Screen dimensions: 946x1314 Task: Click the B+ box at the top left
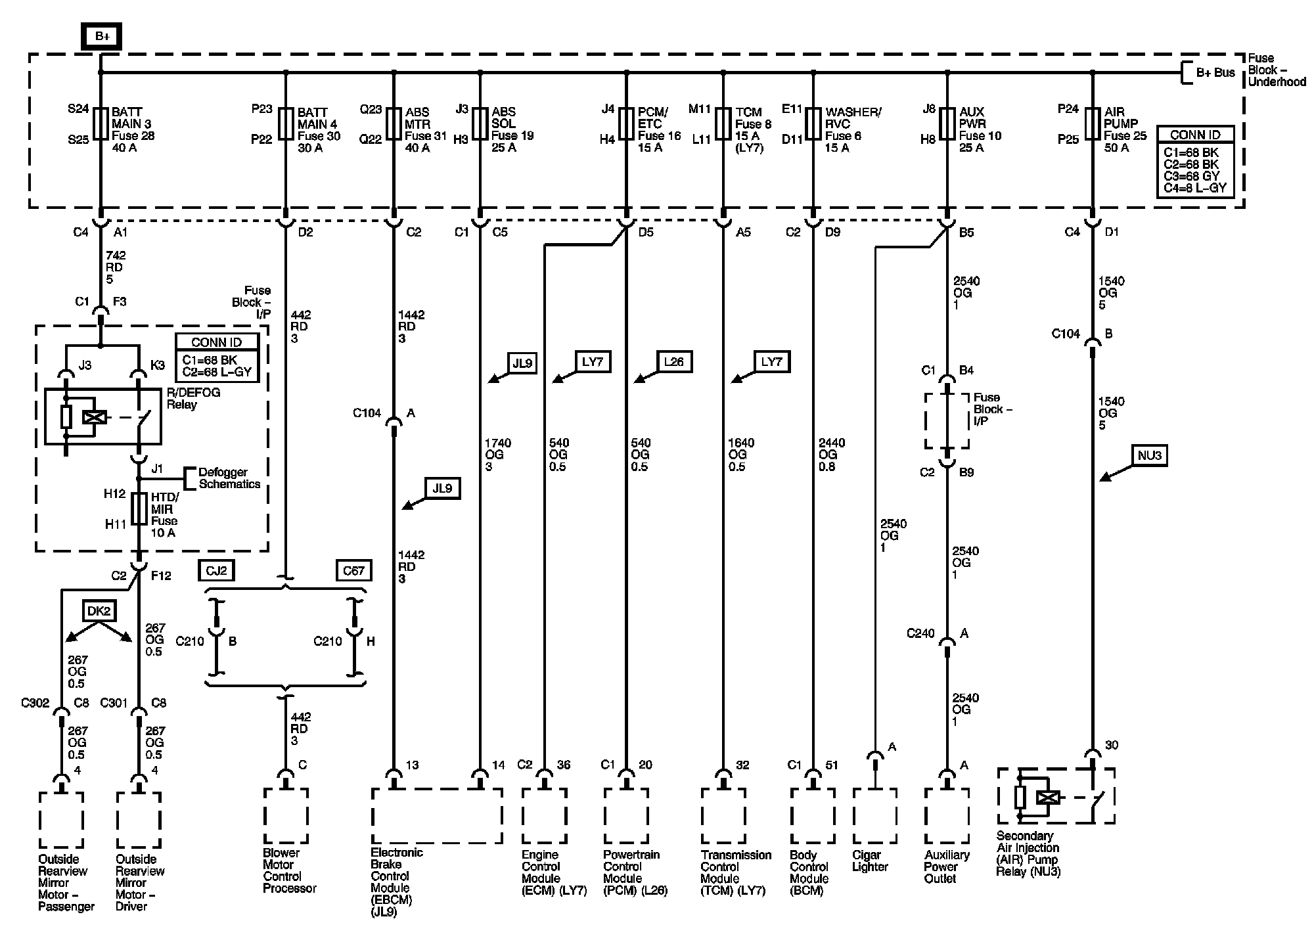click(102, 37)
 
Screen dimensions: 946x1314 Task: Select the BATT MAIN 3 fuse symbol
click(101, 124)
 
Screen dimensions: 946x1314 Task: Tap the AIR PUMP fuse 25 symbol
click(1093, 124)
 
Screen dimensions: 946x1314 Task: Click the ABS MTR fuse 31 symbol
click(394, 124)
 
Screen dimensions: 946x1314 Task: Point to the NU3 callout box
click(1149, 455)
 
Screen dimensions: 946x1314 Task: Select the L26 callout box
click(674, 362)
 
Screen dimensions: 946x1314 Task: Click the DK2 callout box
click(99, 611)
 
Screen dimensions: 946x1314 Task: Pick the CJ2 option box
click(216, 570)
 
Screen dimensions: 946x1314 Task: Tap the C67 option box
click(353, 570)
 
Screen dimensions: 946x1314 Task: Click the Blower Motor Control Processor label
click(289, 870)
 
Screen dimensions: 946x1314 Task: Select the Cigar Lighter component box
click(874, 815)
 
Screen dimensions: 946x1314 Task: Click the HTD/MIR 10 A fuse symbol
click(139, 509)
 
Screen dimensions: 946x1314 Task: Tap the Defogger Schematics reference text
click(229, 478)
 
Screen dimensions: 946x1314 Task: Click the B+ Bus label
click(1215, 73)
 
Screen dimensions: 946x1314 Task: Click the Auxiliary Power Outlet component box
click(947, 815)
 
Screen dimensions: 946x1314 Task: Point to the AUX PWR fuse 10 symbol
click(947, 124)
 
